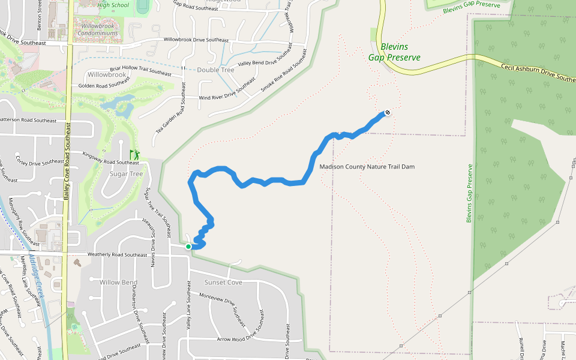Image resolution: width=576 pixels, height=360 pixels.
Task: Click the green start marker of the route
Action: [188, 247]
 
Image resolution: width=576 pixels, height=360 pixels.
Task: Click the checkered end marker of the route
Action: [388, 112]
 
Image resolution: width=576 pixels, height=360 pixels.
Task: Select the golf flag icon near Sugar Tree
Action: [135, 155]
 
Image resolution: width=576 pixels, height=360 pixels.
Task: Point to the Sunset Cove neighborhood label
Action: [223, 282]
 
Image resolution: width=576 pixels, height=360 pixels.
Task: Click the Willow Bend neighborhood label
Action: [119, 282]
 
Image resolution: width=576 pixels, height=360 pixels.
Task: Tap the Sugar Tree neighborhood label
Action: [127, 174]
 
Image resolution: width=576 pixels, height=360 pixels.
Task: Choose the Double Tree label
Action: [215, 70]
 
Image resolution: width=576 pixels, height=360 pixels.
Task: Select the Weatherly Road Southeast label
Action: [117, 255]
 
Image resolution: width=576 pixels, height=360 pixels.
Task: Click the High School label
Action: [113, 5]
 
